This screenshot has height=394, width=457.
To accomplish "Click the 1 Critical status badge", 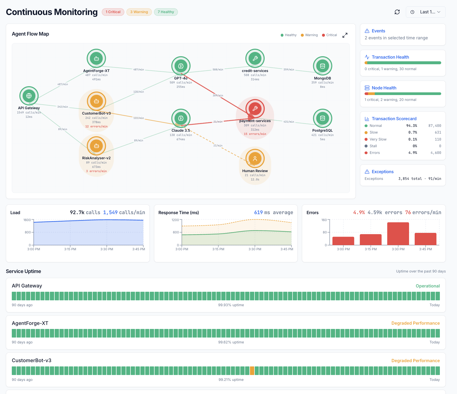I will pyautogui.click(x=113, y=12).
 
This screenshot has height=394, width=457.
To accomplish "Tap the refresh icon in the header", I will pyautogui.click(x=397, y=12).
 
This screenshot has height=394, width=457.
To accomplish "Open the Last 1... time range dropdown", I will pyautogui.click(x=426, y=12).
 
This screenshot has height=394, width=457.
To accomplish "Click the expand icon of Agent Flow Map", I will pyautogui.click(x=345, y=35).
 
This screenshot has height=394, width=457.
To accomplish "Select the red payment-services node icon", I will pyautogui.click(x=255, y=108).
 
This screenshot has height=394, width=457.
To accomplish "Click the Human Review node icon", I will pyautogui.click(x=255, y=158).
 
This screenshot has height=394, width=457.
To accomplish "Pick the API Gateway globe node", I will pyautogui.click(x=29, y=96).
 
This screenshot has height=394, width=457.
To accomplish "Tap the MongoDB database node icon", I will pyautogui.click(x=323, y=66).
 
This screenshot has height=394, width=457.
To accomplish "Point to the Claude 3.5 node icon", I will pyautogui.click(x=181, y=118).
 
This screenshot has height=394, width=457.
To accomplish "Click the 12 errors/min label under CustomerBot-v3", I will pyautogui.click(x=96, y=127).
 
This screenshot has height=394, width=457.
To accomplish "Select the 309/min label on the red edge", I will pyautogui.click(x=218, y=96).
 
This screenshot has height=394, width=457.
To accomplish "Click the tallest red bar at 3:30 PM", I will pyautogui.click(x=398, y=233).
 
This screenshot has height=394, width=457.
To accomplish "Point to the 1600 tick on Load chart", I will pyautogui.click(x=27, y=220).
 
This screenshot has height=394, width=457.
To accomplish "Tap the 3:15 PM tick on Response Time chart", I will pyautogui.click(x=218, y=249).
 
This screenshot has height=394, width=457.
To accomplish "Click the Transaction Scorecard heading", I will pyautogui.click(x=394, y=119).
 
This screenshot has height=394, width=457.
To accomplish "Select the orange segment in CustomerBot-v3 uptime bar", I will pyautogui.click(x=252, y=371).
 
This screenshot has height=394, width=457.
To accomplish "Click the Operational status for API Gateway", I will pyautogui.click(x=428, y=286).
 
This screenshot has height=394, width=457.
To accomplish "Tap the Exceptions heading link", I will pyautogui.click(x=383, y=172).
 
